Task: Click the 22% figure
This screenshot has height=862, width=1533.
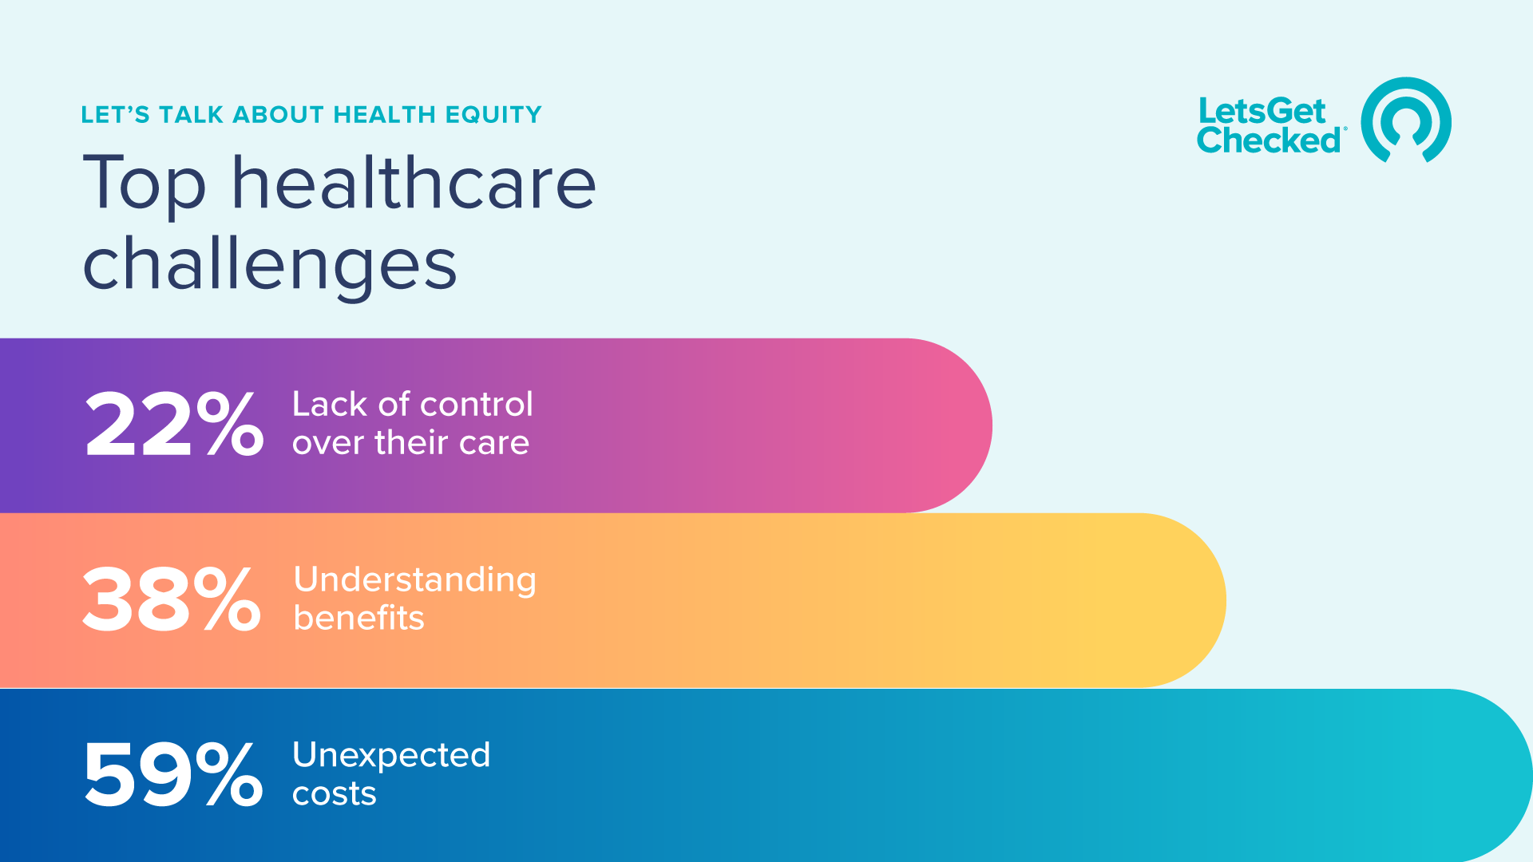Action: pos(174,425)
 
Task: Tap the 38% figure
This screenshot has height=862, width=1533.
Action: pos(172,600)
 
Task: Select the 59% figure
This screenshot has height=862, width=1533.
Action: pos(173,775)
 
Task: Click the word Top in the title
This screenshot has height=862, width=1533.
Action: pos(145,185)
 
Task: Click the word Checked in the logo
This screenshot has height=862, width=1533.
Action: pos(1270,140)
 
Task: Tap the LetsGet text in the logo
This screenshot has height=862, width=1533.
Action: pos(1262,111)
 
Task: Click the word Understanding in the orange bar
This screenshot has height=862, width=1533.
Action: pos(414,581)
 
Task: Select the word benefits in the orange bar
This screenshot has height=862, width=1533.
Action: pos(358,618)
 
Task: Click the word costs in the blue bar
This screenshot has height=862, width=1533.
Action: pos(334,794)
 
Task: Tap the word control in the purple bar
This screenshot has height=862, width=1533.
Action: pos(476,404)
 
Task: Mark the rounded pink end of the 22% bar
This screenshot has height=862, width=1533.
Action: pos(950,425)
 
